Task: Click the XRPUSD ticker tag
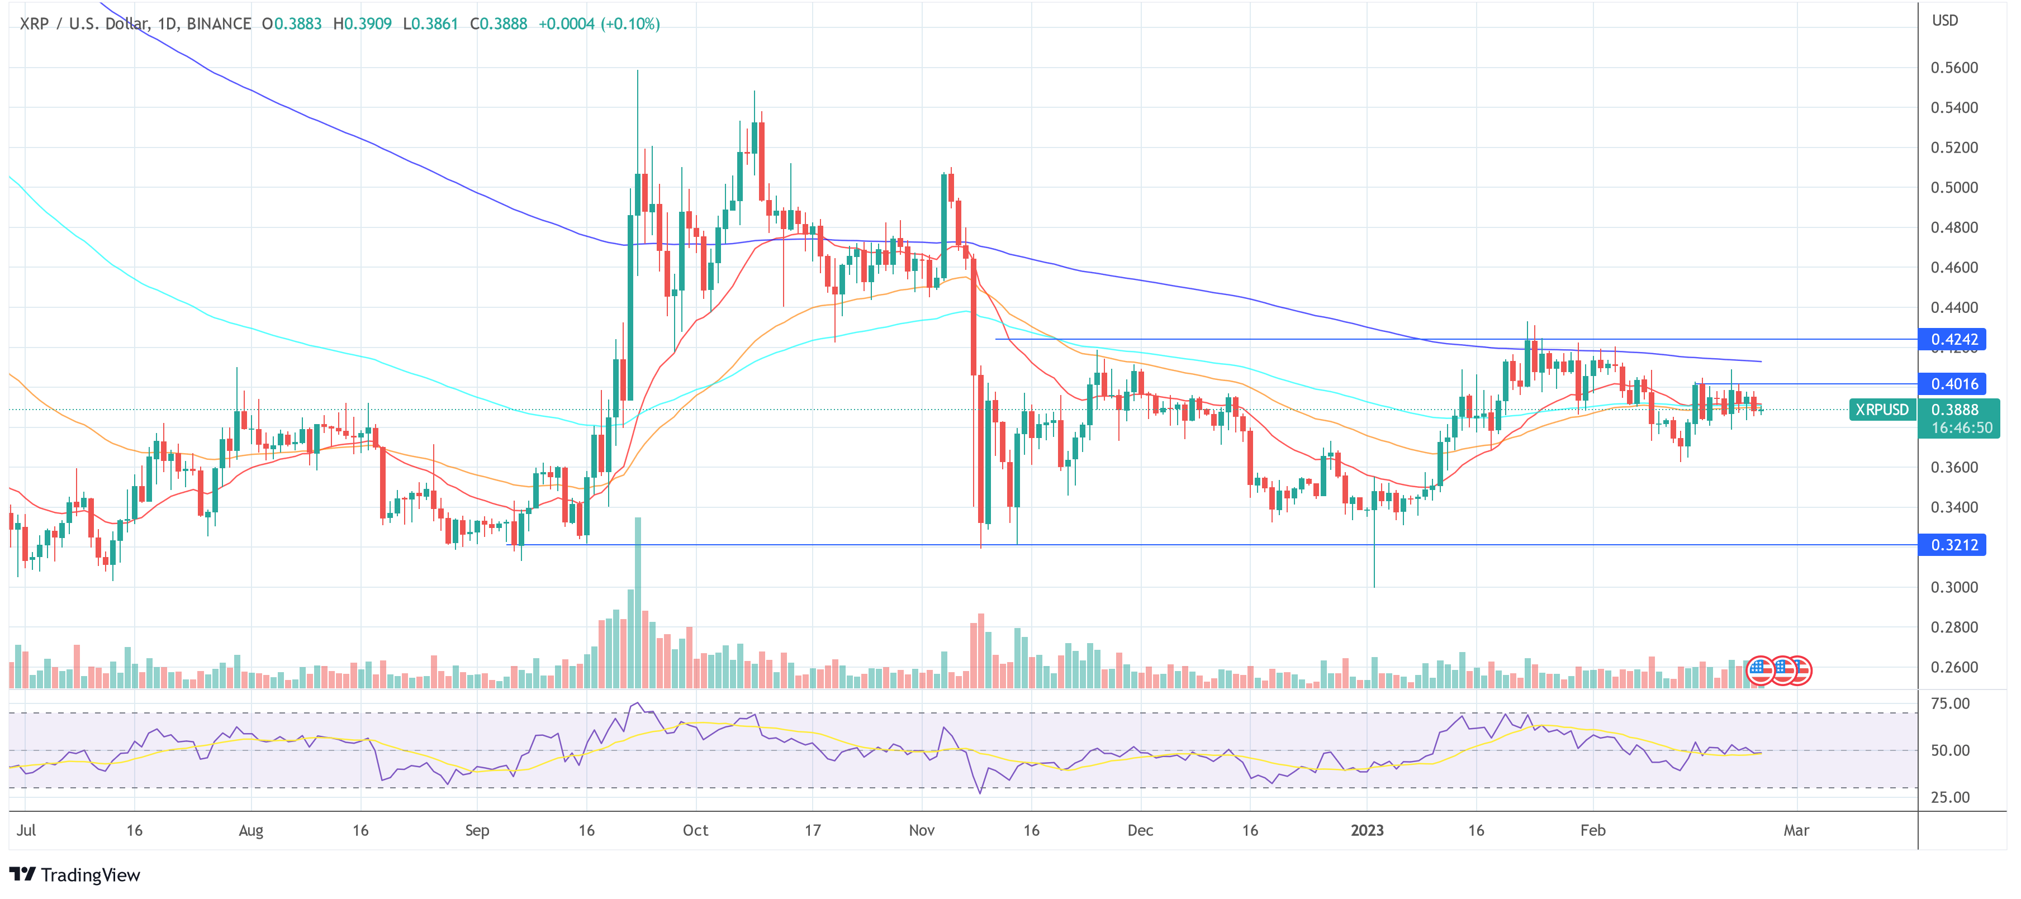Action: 1881,410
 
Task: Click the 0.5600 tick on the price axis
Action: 1954,68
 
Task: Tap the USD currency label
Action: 1945,21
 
